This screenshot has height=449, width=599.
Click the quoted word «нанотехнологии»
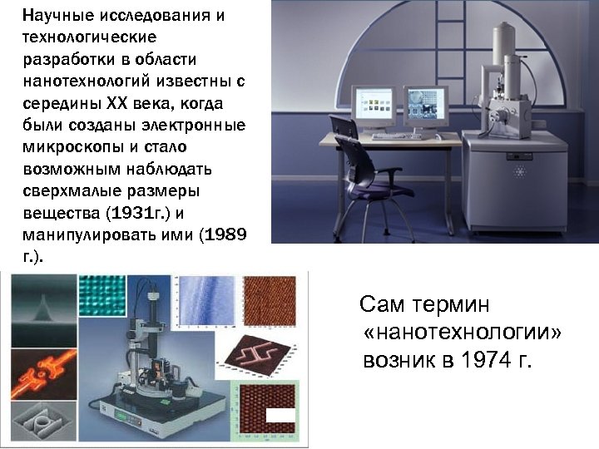463,333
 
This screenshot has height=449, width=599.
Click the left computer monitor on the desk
375,106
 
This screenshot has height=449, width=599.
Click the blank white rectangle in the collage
278,415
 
